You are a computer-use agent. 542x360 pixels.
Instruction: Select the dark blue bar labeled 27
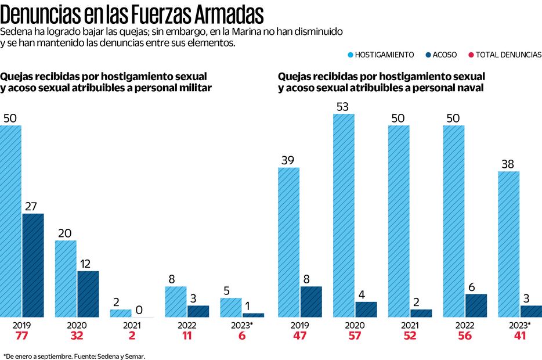coord(32,265)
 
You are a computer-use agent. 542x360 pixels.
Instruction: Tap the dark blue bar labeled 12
coord(88,294)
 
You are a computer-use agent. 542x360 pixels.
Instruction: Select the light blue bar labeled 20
coord(66,279)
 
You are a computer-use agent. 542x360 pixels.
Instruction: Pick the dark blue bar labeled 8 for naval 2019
coord(310,301)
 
